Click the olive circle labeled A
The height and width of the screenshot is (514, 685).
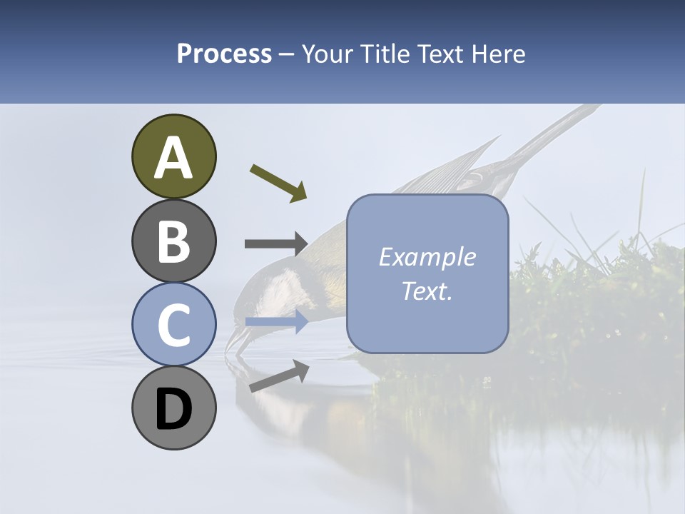(174, 157)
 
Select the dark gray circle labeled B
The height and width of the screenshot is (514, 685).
(174, 241)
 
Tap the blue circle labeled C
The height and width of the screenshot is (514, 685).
(174, 324)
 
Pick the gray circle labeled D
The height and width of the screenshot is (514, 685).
(174, 408)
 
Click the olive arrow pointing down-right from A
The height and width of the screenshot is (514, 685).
(278, 183)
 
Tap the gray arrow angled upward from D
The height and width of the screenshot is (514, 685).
(279, 376)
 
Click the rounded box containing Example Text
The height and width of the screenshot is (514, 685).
(427, 273)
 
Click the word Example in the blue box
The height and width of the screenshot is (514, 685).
(427, 257)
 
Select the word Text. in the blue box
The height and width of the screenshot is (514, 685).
(427, 291)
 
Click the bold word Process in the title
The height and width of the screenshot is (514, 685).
(224, 54)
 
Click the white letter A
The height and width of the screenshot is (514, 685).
(174, 157)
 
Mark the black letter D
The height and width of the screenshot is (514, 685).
(174, 409)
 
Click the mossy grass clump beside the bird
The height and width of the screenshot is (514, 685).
(599, 293)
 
